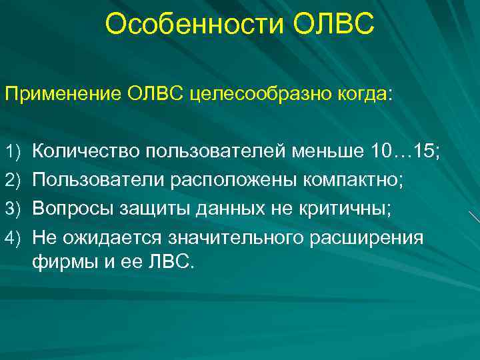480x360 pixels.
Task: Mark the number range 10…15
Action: pyautogui.click(x=401, y=152)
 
